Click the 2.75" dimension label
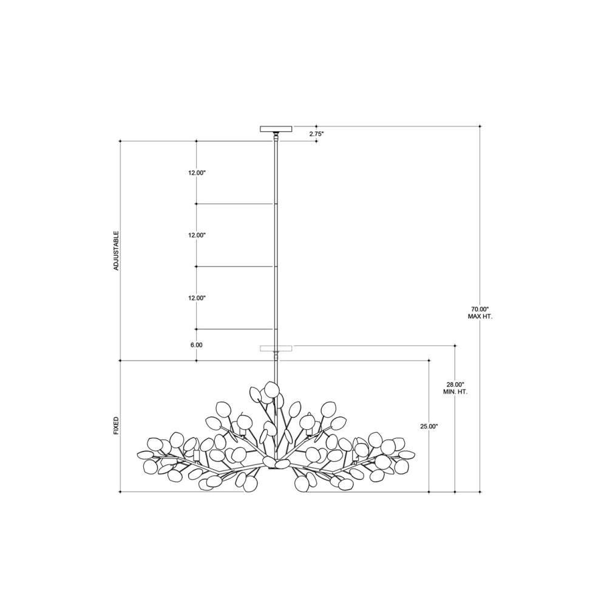pos(316,134)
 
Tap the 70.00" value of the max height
pos(480,310)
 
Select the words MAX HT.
pos(480,316)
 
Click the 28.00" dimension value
pos(455,385)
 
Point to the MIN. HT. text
pos(455,392)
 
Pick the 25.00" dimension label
pos(429,427)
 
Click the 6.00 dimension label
pos(196,345)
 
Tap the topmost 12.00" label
pos(197,173)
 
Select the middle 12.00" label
pos(197,236)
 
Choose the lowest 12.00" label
pos(197,298)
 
